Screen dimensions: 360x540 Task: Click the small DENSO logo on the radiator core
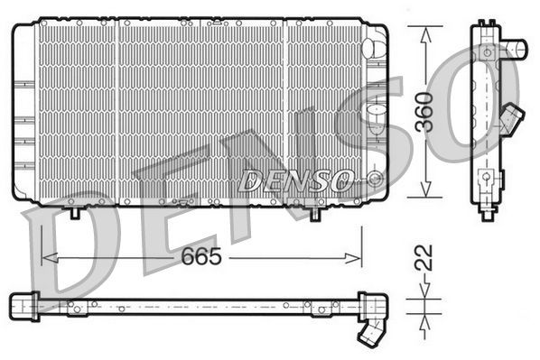click(295, 180)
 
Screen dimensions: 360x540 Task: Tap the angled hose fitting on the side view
click(513, 116)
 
